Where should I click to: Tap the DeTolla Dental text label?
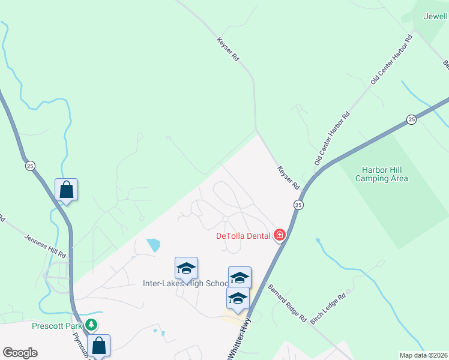point(244,235)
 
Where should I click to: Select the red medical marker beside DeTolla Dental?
point(279,235)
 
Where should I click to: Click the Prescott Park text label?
point(58,326)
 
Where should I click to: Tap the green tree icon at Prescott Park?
point(91,325)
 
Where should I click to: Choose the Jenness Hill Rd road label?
point(46,247)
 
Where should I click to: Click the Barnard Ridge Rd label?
point(287,302)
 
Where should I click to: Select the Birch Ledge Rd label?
point(328,308)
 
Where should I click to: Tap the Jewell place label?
point(436,17)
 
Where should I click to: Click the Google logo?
point(20,353)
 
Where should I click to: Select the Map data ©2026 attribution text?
point(423,355)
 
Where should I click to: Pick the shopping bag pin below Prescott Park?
point(99,345)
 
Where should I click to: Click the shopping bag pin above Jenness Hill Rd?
point(66,190)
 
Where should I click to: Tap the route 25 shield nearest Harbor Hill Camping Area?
point(411,119)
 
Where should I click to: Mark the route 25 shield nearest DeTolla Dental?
point(298,205)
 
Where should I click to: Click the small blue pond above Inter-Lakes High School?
point(154,245)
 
